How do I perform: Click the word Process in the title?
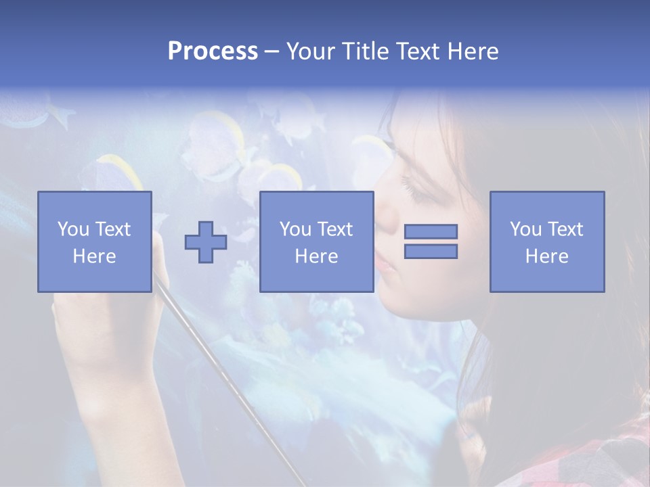[213, 51]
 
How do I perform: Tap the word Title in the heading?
[367, 51]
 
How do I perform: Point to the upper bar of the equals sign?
[431, 231]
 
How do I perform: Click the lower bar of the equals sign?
[431, 251]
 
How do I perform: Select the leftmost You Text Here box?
[95, 241]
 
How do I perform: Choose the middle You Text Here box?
[316, 241]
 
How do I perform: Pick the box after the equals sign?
[547, 241]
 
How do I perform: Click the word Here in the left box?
[94, 256]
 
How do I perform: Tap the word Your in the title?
[312, 51]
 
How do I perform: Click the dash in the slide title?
[272, 51]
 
